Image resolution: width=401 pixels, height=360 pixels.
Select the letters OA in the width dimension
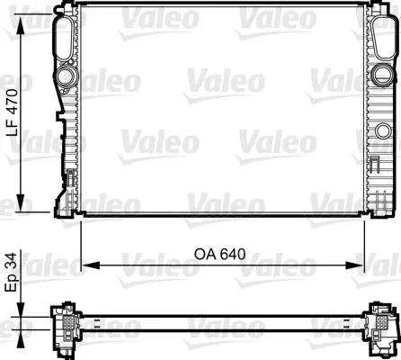coord(207,254)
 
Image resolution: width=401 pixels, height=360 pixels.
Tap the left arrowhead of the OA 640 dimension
coord(87,265)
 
